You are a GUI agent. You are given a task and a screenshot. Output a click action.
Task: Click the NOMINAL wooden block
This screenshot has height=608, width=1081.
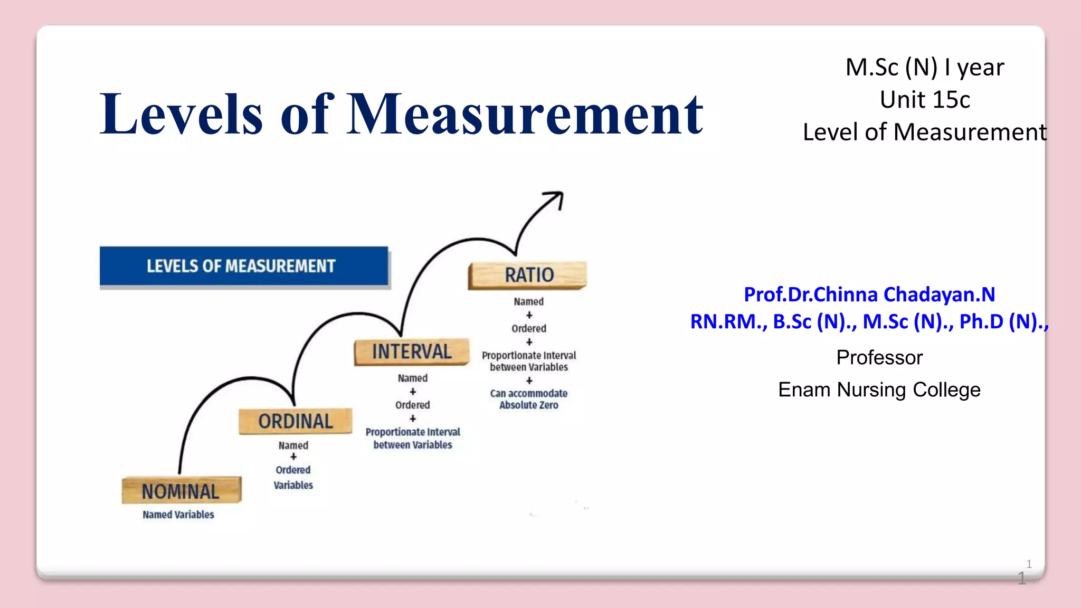181,491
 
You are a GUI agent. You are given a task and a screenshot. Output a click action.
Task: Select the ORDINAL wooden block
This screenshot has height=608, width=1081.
295,421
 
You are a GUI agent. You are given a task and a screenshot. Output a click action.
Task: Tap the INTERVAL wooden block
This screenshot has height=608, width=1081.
412,351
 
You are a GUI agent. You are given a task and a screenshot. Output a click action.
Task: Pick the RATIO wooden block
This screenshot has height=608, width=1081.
528,275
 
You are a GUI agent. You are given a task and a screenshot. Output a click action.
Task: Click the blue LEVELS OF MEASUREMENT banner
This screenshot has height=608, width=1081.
243,266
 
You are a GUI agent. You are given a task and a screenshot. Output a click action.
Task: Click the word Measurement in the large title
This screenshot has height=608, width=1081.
525,115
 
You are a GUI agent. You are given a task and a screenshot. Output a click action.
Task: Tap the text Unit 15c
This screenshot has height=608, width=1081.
925,100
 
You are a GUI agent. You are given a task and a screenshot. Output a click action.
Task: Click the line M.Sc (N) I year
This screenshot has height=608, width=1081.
925,68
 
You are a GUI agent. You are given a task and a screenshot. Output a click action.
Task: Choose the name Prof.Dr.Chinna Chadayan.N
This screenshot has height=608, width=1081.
869,294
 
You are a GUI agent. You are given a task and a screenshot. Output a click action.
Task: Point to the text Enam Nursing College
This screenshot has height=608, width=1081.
879,390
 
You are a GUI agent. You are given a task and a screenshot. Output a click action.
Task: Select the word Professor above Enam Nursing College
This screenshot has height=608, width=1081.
879,358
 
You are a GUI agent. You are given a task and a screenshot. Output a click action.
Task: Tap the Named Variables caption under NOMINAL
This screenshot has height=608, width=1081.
178,515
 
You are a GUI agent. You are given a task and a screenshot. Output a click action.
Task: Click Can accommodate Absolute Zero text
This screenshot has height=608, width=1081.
529,399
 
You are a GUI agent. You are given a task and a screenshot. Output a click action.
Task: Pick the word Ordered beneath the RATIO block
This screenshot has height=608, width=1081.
529,328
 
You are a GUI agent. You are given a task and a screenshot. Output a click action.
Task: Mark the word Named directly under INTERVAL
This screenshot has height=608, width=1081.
413,378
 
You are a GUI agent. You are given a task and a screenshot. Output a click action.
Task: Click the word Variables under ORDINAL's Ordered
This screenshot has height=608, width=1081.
293,485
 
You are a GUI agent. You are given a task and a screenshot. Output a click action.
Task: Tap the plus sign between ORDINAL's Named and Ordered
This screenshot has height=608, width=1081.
293,457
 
